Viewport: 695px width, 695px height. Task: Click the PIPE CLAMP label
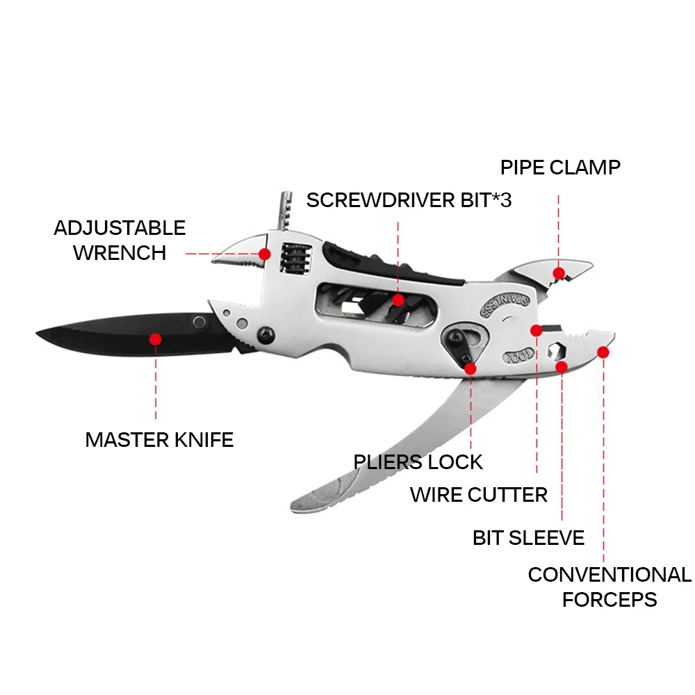[x=560, y=167]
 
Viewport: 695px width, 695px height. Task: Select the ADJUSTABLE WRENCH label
[x=120, y=240]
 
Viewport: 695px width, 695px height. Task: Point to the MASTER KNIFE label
[x=159, y=440]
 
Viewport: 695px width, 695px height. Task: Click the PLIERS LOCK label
[x=418, y=462]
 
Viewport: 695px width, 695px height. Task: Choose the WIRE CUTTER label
[x=479, y=495]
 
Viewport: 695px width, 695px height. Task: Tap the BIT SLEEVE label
[x=528, y=537]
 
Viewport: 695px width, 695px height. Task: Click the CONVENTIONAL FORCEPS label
[x=610, y=587]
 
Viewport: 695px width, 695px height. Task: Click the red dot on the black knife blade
[x=156, y=339]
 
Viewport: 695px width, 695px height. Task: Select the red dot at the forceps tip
[x=603, y=352]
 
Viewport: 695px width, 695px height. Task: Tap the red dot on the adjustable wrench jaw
[x=265, y=254]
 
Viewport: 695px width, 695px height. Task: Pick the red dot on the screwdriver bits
[x=398, y=300]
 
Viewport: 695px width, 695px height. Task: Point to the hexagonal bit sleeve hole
[x=556, y=349]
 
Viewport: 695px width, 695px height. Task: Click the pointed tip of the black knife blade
[x=38, y=334]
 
